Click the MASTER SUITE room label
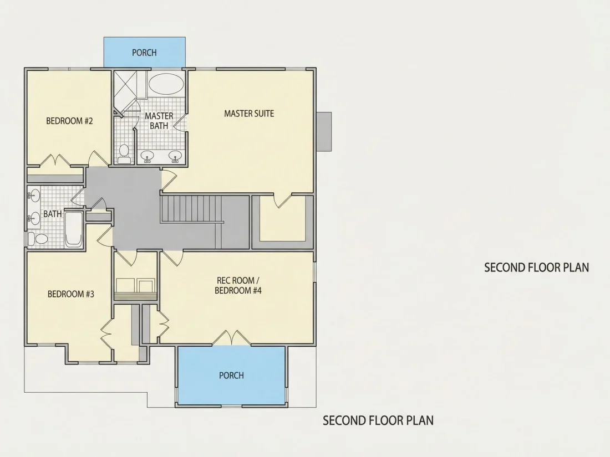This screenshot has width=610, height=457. tap(249, 114)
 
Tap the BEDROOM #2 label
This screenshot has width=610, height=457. tap(70, 121)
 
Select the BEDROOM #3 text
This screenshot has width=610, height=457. tap(71, 294)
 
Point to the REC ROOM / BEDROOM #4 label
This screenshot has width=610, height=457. tap(238, 285)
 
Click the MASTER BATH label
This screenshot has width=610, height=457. tap(159, 121)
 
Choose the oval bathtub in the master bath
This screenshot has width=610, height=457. tap(166, 84)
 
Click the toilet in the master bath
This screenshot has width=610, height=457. tap(124, 153)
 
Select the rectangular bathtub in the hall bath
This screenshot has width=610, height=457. tap(74, 229)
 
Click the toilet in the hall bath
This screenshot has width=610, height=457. tap(37, 238)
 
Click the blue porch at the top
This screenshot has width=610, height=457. tap(144, 52)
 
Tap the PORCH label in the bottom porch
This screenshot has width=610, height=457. tap(231, 376)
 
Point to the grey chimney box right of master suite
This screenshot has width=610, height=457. tap(324, 131)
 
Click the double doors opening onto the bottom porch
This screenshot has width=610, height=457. tap(232, 338)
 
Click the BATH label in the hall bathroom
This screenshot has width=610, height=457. tap(53, 214)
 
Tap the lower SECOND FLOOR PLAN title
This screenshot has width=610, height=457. tap(378, 420)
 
